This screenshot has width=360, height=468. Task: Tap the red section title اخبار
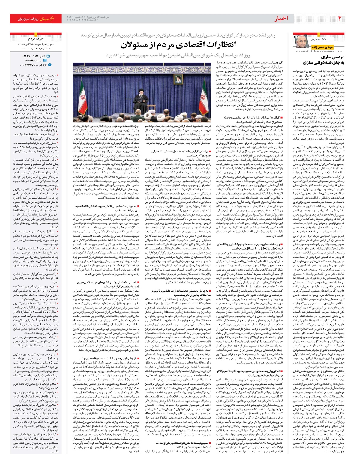281,19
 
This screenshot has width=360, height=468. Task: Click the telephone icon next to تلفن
48,56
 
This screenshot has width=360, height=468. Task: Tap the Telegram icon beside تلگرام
49,65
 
